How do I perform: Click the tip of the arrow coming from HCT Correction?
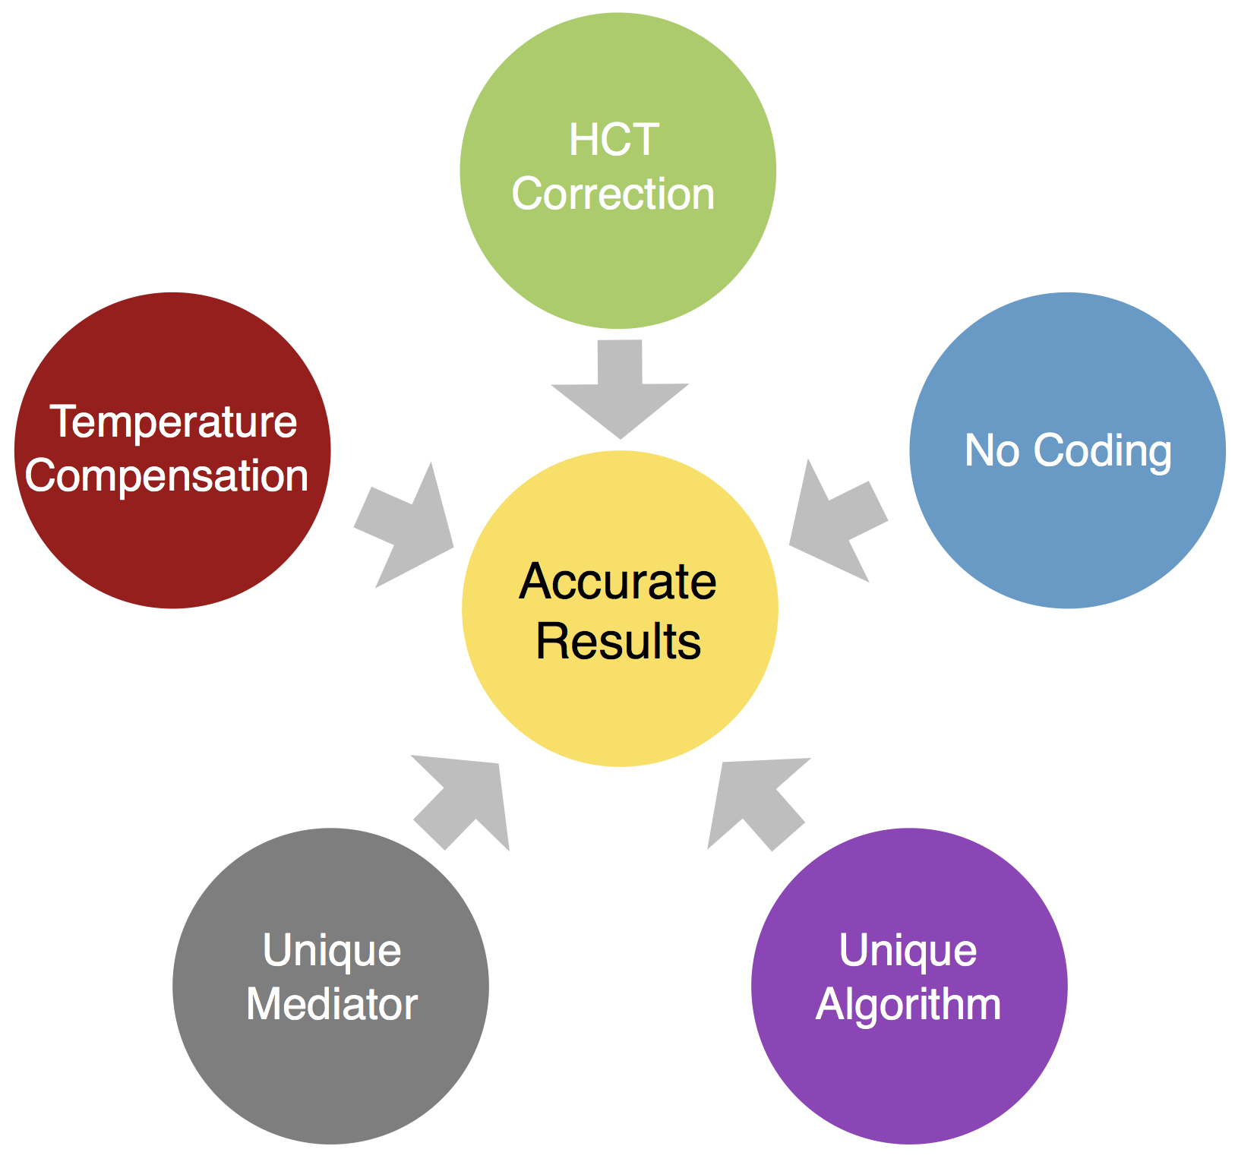click(x=621, y=439)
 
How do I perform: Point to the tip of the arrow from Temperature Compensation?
click(x=453, y=547)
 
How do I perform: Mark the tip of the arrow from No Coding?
click(x=790, y=545)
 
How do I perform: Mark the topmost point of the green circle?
click(x=618, y=13)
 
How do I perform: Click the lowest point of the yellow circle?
click(x=620, y=767)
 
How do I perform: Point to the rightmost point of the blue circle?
click(x=1226, y=450)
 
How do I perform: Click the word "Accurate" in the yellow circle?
click(x=618, y=582)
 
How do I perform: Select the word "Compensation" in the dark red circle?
click(x=167, y=477)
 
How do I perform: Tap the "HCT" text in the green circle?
click(x=614, y=140)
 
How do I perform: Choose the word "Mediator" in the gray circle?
click(x=332, y=1004)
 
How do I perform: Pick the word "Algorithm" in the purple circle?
click(x=908, y=1006)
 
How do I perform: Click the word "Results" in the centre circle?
click(x=618, y=642)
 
